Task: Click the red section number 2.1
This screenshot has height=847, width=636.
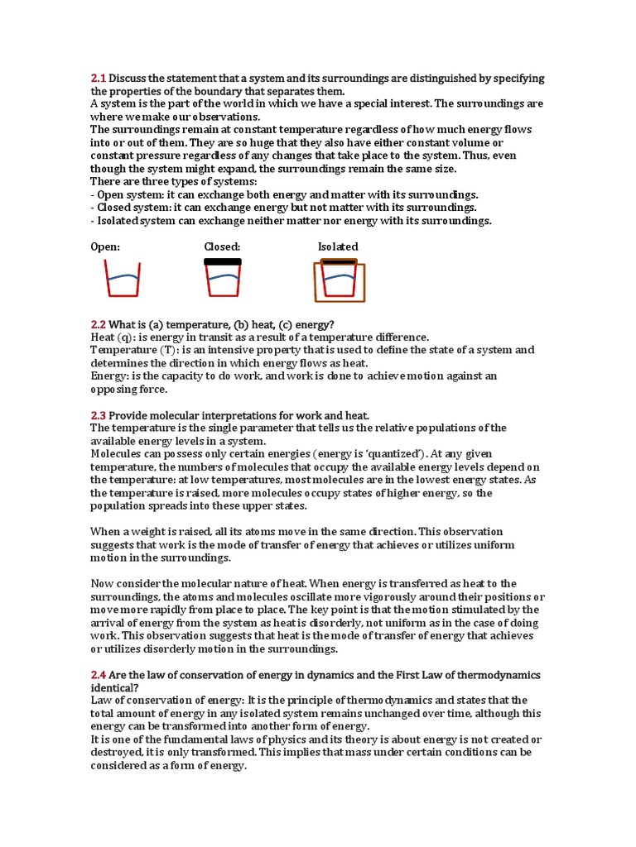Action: tap(99, 79)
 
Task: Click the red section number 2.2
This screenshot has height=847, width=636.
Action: tap(99, 324)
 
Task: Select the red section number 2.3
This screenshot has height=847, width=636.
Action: tap(99, 415)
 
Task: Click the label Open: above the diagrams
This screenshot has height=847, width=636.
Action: tap(105, 246)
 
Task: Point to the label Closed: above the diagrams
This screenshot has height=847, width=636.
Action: tap(222, 246)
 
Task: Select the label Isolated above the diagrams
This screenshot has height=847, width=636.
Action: tap(338, 246)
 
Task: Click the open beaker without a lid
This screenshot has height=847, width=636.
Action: tap(121, 278)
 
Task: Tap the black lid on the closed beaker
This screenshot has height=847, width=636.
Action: tap(222, 261)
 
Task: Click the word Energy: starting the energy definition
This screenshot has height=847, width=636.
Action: tap(109, 376)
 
